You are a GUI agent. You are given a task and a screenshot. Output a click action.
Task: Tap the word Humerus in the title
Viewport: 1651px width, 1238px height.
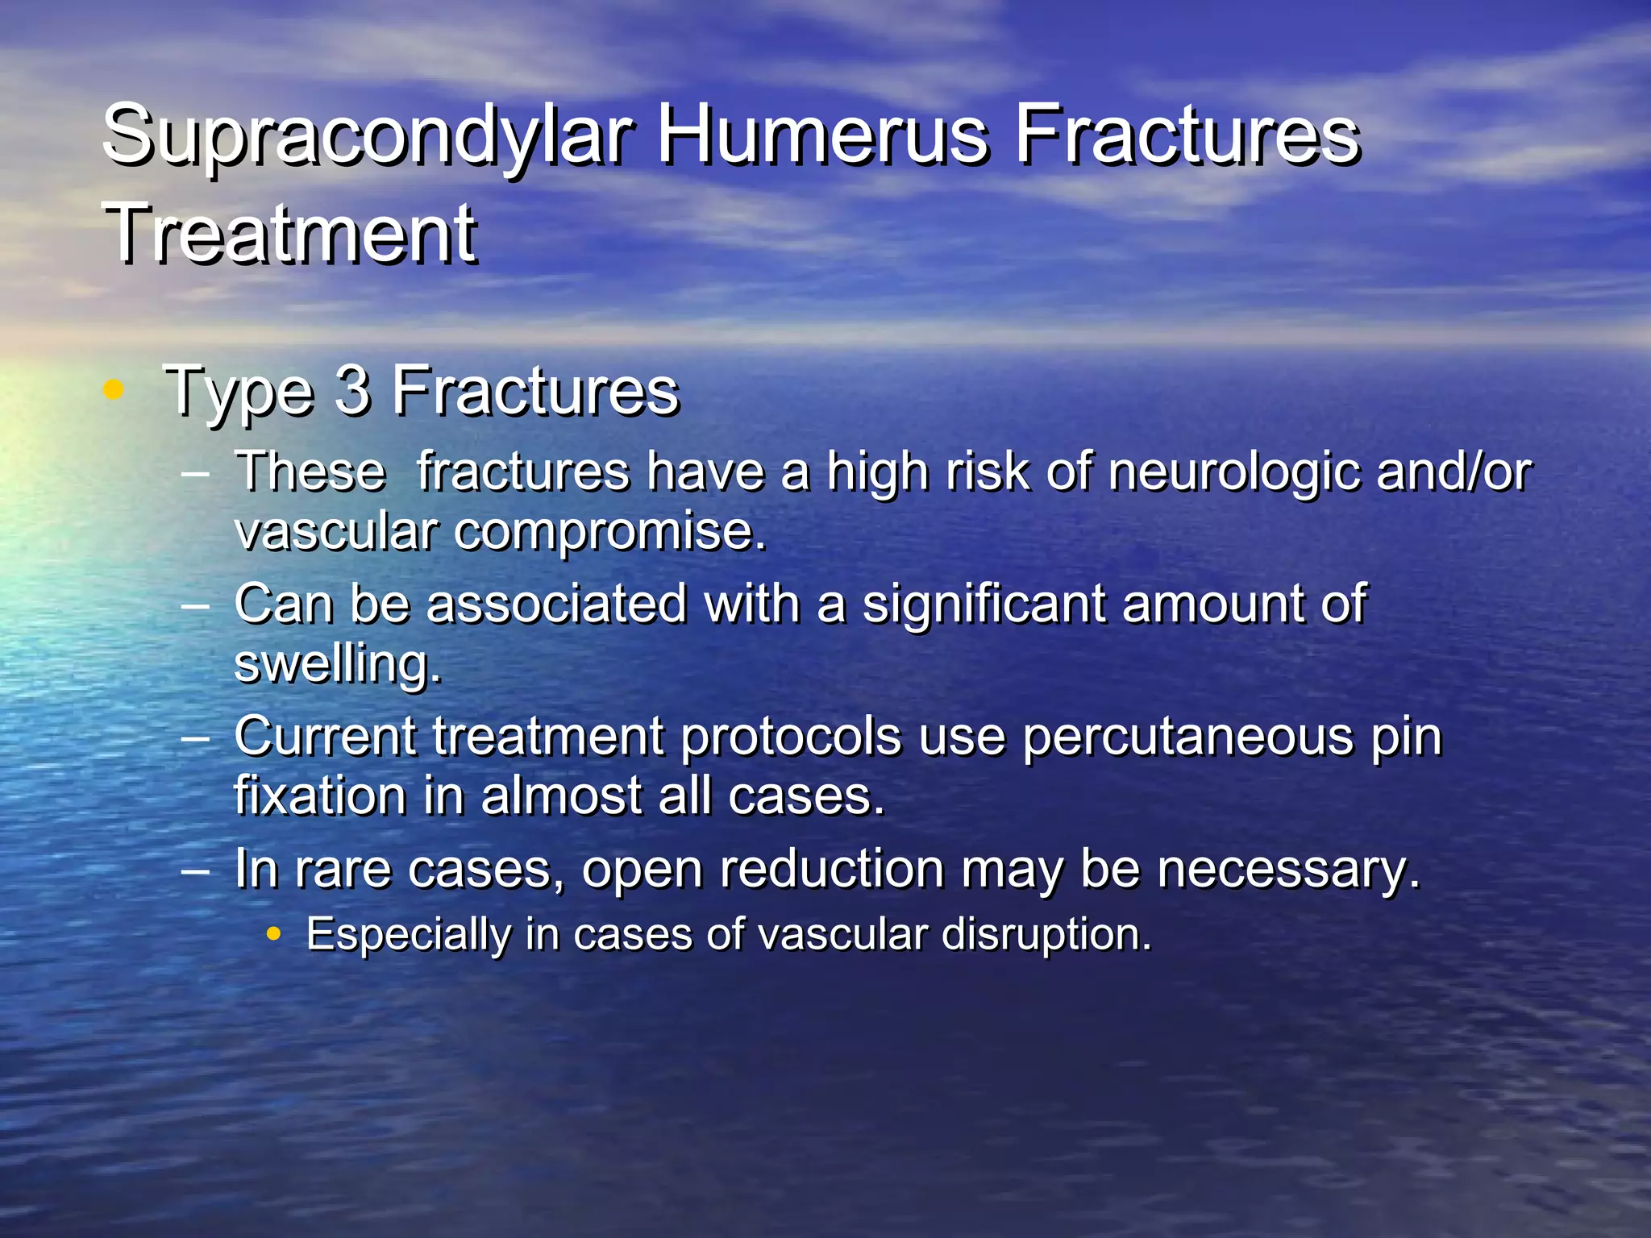point(823,135)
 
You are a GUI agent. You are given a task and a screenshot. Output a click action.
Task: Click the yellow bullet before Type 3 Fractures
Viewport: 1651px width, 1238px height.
point(114,391)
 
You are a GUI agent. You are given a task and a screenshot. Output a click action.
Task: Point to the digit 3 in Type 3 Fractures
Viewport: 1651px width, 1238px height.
point(352,392)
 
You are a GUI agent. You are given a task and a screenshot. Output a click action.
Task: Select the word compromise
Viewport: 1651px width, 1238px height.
point(610,532)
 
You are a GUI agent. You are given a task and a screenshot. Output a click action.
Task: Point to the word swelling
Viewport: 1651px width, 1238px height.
point(338,666)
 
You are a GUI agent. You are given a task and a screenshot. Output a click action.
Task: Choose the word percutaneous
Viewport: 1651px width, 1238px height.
point(1187,737)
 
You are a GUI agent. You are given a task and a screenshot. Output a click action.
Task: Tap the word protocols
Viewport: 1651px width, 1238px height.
point(791,737)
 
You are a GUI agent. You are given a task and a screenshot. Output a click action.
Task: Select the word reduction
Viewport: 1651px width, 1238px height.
point(831,870)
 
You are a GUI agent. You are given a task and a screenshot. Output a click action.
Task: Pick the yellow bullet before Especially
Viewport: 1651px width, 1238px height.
point(274,935)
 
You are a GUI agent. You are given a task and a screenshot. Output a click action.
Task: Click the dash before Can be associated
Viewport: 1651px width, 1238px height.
point(197,605)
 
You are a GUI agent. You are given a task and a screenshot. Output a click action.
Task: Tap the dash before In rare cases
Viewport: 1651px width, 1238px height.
point(197,871)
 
